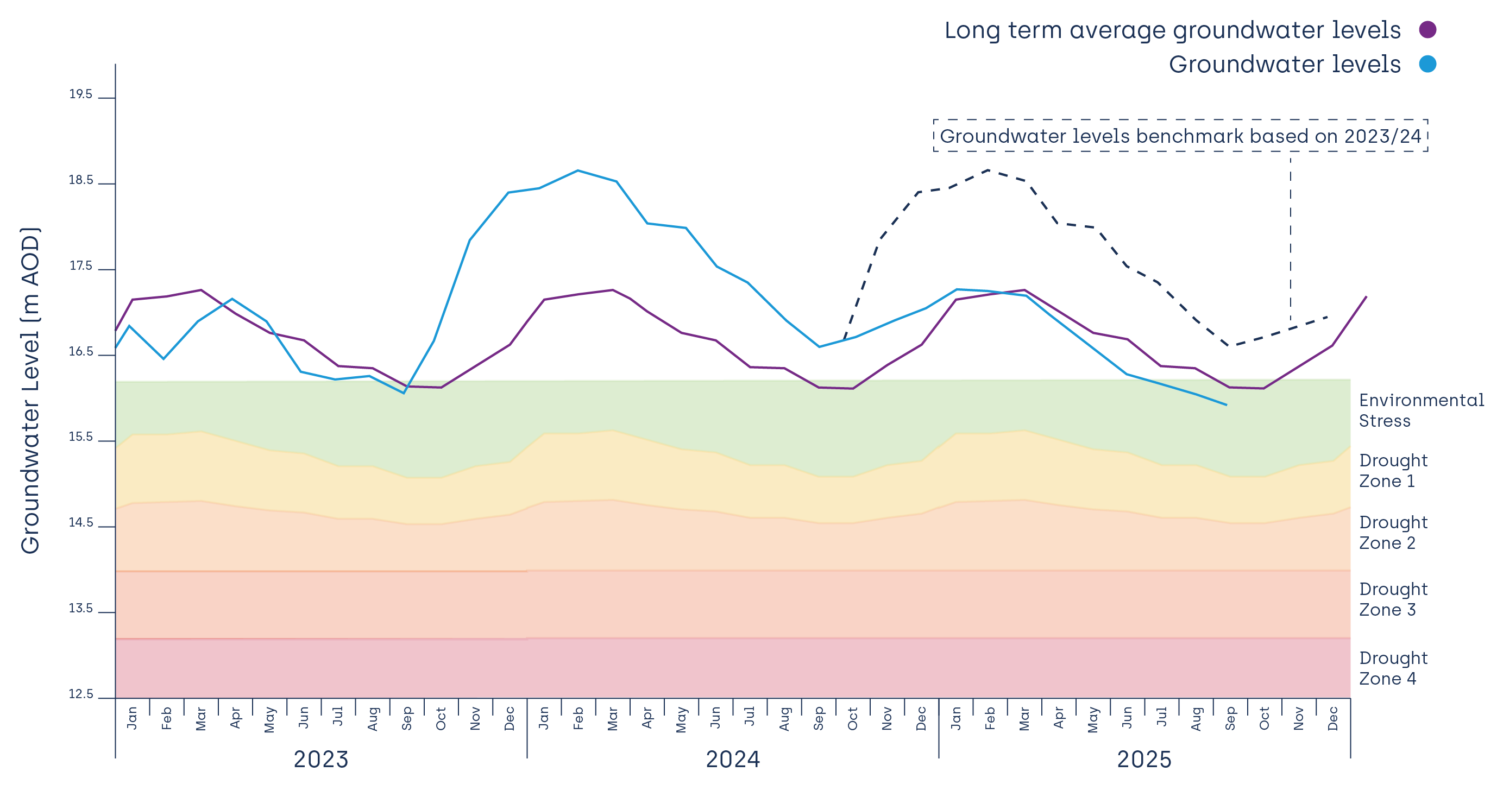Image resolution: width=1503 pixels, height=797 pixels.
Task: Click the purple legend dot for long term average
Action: [1427, 30]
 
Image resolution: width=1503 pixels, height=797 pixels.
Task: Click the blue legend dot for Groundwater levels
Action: [1427, 64]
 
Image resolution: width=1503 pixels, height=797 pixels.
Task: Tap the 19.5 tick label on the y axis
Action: [80, 94]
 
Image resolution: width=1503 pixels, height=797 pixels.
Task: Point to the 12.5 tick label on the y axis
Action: [80, 694]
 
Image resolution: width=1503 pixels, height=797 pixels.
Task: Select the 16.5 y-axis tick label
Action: [80, 352]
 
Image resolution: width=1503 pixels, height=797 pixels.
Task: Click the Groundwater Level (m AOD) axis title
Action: [30, 391]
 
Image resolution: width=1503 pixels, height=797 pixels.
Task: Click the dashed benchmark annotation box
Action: [1180, 136]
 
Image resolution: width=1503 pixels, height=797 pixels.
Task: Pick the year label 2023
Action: [320, 760]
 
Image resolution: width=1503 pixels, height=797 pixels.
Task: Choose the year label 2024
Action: [732, 760]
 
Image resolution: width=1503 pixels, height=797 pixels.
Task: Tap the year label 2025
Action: [1143, 760]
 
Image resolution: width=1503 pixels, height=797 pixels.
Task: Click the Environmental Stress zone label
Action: [1421, 410]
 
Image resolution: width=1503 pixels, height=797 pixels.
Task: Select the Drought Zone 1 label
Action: [1393, 471]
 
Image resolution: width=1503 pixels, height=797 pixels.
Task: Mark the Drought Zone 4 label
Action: [1393, 668]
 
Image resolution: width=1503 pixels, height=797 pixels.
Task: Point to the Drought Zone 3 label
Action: [1393, 599]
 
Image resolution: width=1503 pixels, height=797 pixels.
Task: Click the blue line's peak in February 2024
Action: [577, 171]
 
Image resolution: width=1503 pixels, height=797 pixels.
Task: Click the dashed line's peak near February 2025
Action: [989, 170]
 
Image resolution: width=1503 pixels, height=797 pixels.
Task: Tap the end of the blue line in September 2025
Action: [1225, 404]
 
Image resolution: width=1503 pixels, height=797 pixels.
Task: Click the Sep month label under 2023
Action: [407, 718]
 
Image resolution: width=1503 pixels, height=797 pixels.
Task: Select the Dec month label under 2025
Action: [1333, 718]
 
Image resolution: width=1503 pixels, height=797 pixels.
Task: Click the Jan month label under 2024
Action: [544, 718]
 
